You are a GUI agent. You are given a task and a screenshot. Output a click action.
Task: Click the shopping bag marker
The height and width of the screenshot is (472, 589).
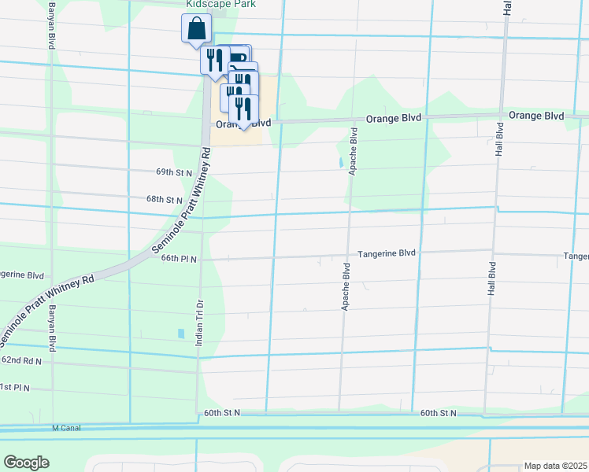(x=197, y=29)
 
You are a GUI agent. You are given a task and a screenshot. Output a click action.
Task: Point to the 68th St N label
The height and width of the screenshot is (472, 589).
(x=164, y=200)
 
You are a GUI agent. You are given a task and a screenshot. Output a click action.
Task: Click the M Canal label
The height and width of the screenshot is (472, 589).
(x=67, y=428)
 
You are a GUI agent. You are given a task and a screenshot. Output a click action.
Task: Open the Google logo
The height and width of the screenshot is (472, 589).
(x=26, y=462)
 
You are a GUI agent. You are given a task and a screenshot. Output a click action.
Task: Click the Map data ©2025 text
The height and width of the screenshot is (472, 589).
(x=555, y=466)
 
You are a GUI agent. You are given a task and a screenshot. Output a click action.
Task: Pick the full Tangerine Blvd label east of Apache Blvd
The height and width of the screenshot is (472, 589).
(x=386, y=253)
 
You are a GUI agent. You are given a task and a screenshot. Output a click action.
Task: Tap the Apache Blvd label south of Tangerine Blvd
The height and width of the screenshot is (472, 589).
(x=345, y=287)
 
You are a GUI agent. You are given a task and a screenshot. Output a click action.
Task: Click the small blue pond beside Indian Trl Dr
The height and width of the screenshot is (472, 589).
(x=180, y=334)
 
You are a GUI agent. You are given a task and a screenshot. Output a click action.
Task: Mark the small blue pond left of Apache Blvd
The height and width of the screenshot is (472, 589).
(x=340, y=163)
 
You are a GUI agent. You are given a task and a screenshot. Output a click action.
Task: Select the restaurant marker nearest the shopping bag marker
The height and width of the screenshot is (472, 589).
(x=215, y=61)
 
